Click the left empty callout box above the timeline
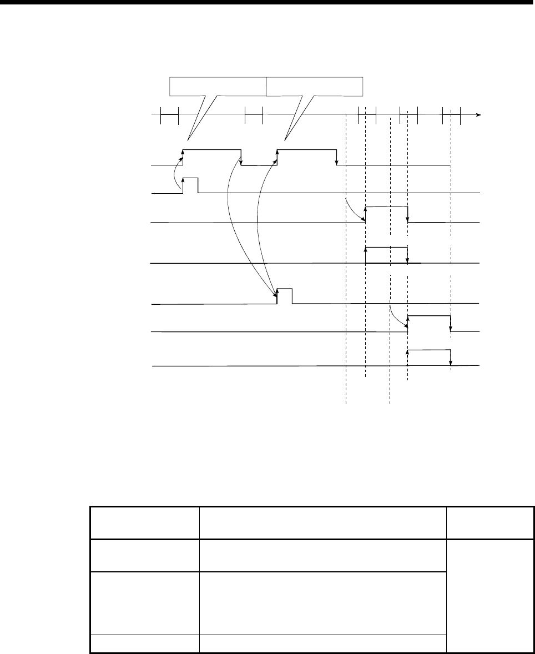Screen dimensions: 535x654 [x=218, y=87]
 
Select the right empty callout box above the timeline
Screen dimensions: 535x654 [x=315, y=87]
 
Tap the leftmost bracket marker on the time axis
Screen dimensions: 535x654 [x=169, y=115]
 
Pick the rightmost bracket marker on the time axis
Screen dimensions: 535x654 [x=451, y=115]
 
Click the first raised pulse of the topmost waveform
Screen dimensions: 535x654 [x=211, y=157]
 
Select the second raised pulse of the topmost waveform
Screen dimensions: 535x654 [x=307, y=157]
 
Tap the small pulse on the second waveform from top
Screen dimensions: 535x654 [x=190, y=185]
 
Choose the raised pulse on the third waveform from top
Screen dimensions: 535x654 [x=386, y=214]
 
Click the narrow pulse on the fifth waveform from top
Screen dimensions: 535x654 [x=284, y=296]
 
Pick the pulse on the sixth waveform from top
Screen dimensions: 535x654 [x=429, y=323]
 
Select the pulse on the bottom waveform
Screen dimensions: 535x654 [x=429, y=358]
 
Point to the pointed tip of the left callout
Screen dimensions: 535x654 [x=190, y=139]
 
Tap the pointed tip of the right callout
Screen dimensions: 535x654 [x=285, y=139]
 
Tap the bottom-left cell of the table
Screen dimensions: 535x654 [x=144, y=643]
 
